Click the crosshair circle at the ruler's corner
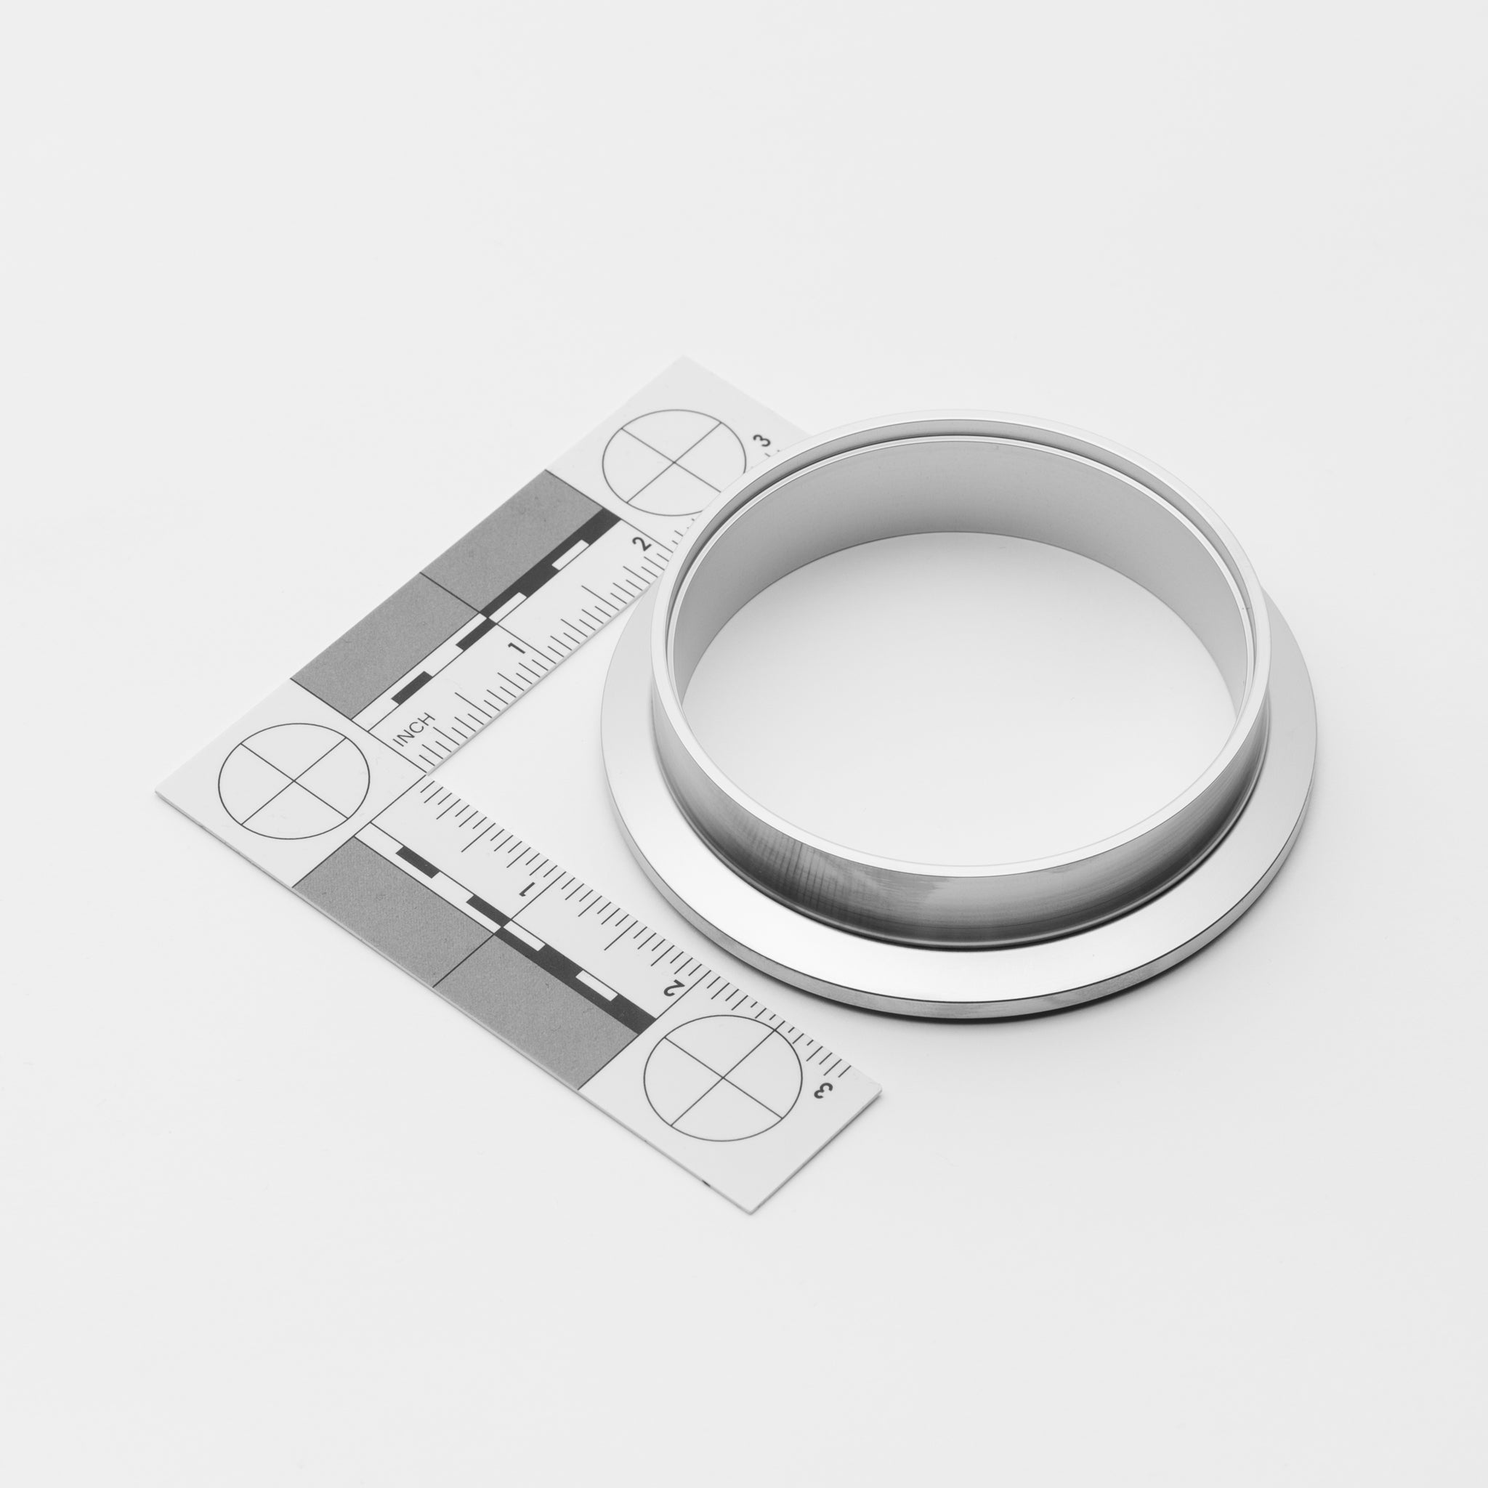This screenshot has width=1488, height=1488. pyautogui.click(x=294, y=780)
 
